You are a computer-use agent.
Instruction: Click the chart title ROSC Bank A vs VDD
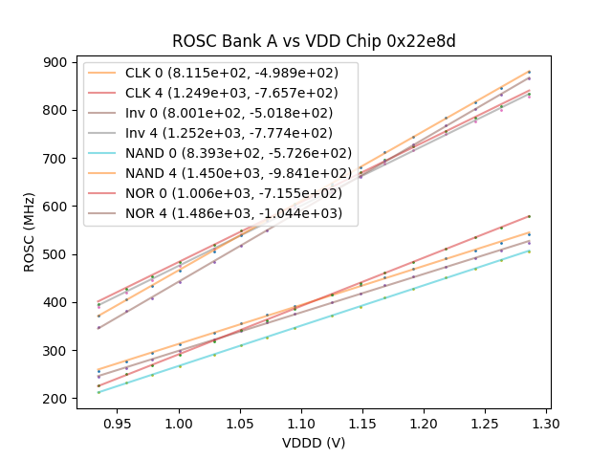(313, 41)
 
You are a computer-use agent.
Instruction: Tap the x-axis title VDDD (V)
(313, 443)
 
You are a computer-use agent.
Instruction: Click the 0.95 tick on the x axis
(118, 422)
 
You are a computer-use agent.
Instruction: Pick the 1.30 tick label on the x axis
(546, 422)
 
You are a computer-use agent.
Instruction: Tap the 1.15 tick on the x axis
(362, 422)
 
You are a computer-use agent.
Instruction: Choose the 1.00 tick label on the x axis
(179, 422)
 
